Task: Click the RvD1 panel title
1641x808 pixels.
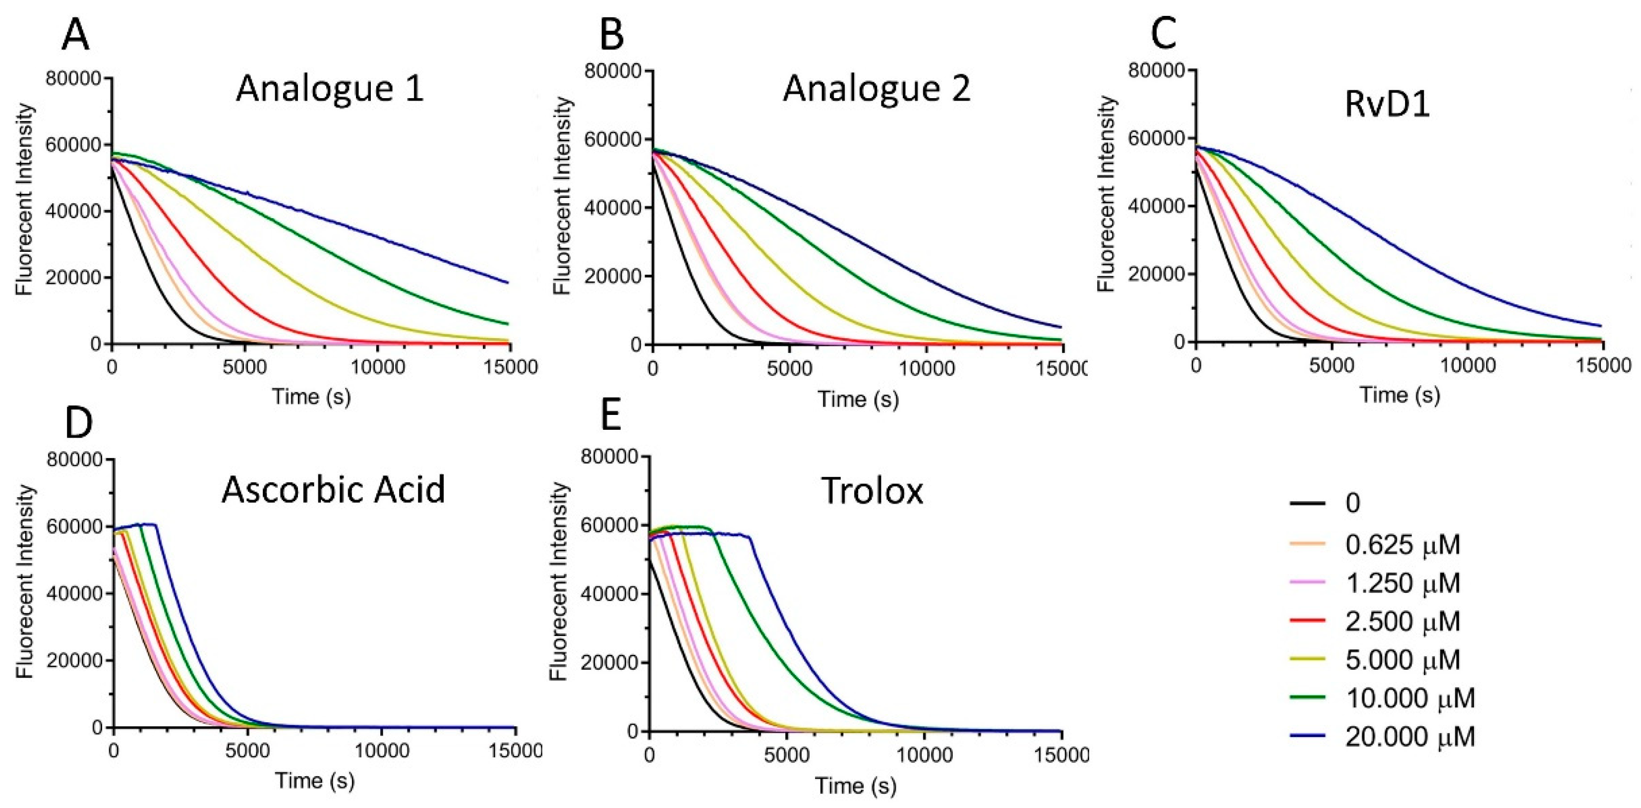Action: click(1387, 105)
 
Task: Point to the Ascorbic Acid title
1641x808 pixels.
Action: click(333, 490)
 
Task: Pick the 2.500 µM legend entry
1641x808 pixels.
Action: click(1402, 622)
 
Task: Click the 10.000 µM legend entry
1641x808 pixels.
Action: click(1410, 698)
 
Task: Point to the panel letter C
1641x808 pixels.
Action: click(1164, 35)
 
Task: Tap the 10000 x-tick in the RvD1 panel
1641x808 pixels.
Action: click(1467, 365)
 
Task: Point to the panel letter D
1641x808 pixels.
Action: click(78, 425)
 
